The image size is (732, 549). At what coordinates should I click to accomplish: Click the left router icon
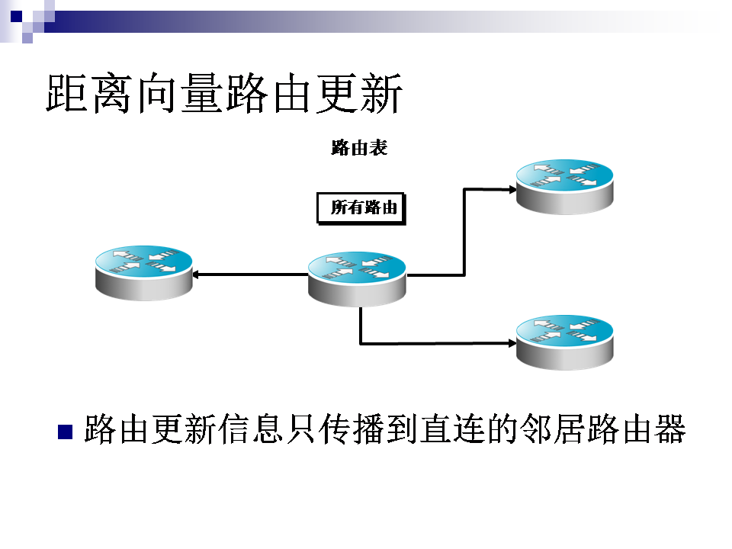(144, 273)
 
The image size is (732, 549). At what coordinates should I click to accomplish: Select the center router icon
(357, 279)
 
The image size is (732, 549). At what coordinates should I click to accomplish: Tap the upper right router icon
(565, 188)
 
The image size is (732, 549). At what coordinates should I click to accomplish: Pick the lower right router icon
(565, 342)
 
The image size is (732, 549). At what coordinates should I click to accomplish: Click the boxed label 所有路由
(361, 209)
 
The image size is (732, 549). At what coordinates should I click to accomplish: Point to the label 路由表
(359, 147)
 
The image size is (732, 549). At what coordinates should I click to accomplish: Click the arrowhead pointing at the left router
(197, 274)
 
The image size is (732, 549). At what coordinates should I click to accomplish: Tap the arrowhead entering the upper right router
(512, 190)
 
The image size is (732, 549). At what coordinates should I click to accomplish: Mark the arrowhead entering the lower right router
(512, 343)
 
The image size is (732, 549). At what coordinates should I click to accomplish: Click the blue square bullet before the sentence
(65, 432)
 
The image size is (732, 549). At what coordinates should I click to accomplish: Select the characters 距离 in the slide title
(88, 93)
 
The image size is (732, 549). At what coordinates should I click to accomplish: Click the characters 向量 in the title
(178, 93)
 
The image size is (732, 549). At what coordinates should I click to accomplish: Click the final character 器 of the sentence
(670, 429)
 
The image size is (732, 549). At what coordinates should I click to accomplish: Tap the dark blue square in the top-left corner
(16, 16)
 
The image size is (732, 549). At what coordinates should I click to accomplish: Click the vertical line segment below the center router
(361, 326)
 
